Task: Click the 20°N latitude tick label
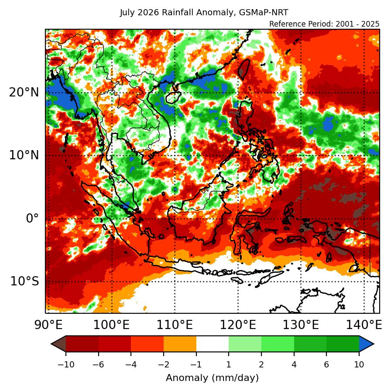pos(24,93)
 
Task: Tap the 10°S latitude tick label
pos(25,281)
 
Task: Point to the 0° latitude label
pos(33,219)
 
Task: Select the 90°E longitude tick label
pos(48,325)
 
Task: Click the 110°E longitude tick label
pos(175,325)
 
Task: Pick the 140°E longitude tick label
pos(364,325)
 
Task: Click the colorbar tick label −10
pos(66,364)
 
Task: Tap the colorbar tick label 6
pos(326,364)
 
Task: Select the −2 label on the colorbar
pos(164,364)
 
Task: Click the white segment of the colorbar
pos(213,344)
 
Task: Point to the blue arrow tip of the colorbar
pos(367,344)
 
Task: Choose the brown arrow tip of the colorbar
pos(58,344)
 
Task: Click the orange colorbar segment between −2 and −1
pos(180,344)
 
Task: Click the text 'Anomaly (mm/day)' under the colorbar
pos(212,378)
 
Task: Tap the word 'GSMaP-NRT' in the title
pos(264,13)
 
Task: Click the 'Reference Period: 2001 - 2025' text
pos(324,24)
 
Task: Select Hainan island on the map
pos(173,97)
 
